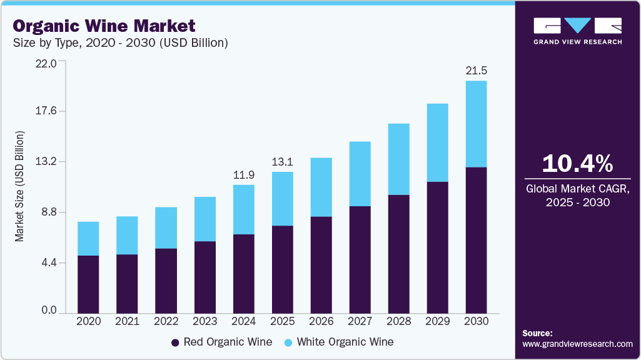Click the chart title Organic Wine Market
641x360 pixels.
[x=104, y=26]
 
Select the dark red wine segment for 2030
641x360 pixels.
[x=476, y=240]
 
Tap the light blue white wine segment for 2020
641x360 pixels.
[x=88, y=239]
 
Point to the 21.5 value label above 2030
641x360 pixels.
[x=476, y=71]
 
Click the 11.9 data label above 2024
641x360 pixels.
[x=243, y=174]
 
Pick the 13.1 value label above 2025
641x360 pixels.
[x=282, y=162]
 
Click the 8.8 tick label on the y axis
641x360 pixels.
[x=49, y=212]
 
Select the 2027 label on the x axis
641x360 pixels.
[x=360, y=321]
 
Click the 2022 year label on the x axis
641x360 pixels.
[x=166, y=321]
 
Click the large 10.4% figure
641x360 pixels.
[x=577, y=164]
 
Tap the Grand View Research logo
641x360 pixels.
[x=577, y=31]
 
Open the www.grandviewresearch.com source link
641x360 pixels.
[x=577, y=344]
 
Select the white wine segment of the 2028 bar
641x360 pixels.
[x=398, y=159]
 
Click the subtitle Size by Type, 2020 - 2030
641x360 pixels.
[x=120, y=43]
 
